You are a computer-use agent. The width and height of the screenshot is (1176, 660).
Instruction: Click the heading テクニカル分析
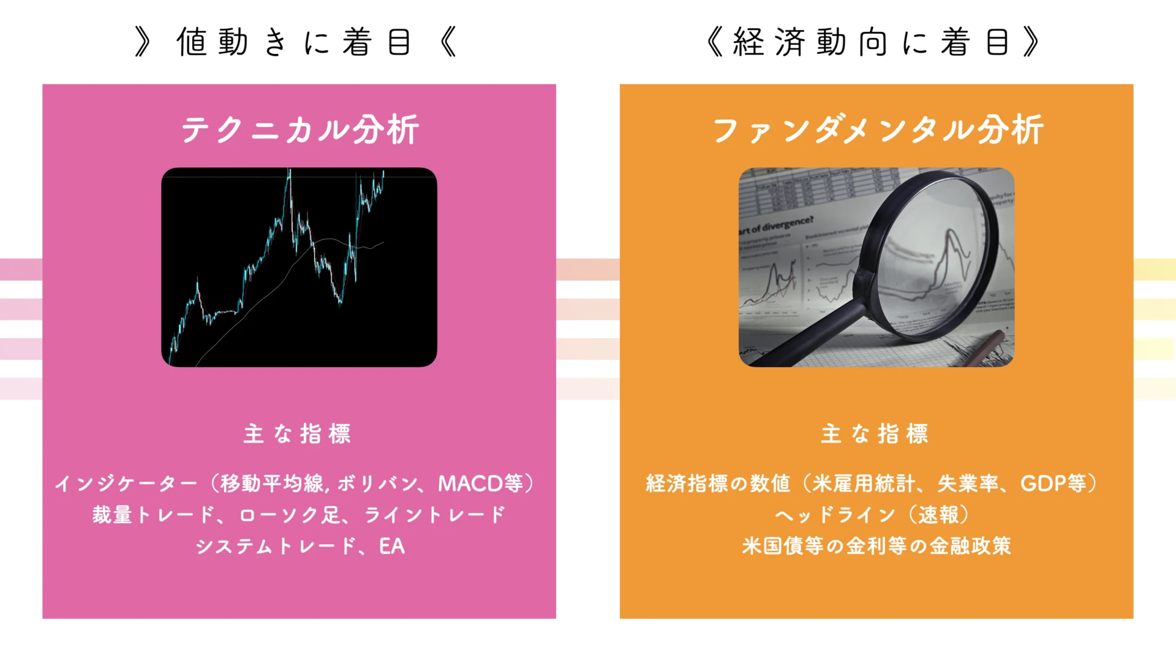(300, 130)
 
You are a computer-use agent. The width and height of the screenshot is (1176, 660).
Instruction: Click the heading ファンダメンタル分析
(877, 130)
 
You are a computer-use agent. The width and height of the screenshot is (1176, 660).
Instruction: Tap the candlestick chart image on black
(299, 267)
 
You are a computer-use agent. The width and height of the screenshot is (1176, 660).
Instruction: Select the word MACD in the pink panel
(470, 484)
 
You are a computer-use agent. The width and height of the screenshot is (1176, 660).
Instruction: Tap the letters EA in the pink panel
(392, 546)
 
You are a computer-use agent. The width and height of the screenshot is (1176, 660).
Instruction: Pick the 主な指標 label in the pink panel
(298, 434)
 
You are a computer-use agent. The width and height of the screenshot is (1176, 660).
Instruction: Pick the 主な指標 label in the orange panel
(875, 434)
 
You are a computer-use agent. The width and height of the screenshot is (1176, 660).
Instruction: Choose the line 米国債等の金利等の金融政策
(876, 546)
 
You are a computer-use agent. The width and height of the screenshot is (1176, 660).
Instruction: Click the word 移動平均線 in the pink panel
(272, 484)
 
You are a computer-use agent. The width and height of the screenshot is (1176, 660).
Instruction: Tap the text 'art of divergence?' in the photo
(777, 225)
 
